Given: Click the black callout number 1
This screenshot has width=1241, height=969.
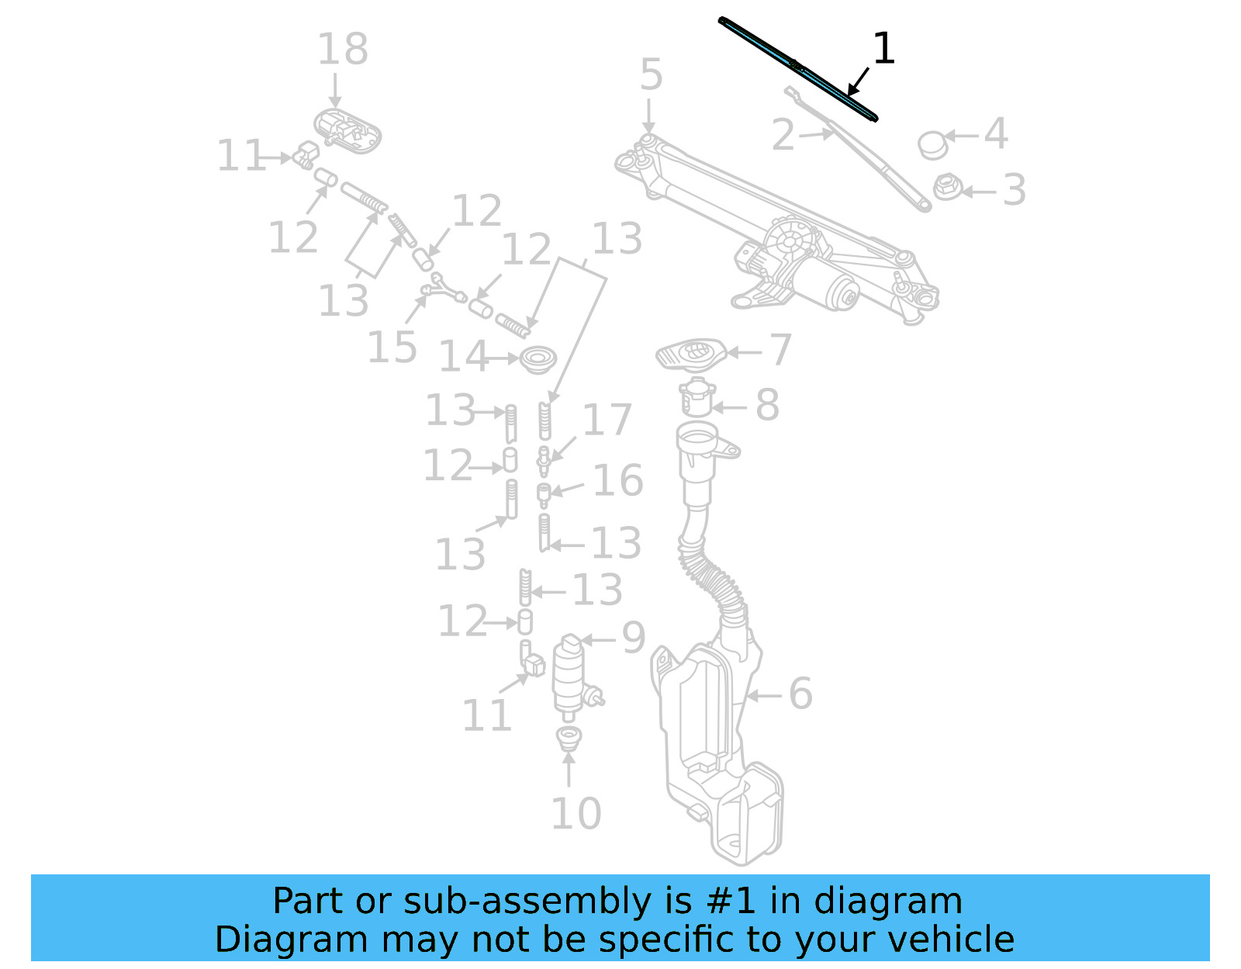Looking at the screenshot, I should coord(883,50).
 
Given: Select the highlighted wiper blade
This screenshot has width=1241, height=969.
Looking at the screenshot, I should coord(798,68).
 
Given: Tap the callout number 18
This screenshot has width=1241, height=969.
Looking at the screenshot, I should coord(342,50).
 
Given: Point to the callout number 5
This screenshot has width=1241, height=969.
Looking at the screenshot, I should coord(652,75).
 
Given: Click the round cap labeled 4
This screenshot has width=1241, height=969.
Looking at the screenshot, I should coord(932,144).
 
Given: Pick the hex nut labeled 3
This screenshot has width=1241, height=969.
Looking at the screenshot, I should coord(947,187).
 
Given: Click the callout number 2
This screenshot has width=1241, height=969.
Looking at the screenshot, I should coord(783,135).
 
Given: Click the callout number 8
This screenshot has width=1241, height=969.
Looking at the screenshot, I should coord(767,405).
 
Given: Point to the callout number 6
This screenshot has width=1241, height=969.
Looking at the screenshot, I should coord(800,693).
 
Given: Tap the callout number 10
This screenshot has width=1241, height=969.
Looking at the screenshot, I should coord(576,813).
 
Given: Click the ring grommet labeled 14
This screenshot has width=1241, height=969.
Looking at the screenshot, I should coord(538,359).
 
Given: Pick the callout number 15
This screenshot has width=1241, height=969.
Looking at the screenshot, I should coord(392,347).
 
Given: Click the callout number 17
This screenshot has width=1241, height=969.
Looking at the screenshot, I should coord(607,420).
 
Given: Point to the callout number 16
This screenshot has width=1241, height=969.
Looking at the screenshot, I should coord(618,480).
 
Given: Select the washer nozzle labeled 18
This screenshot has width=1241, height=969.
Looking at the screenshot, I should coord(348,130).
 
